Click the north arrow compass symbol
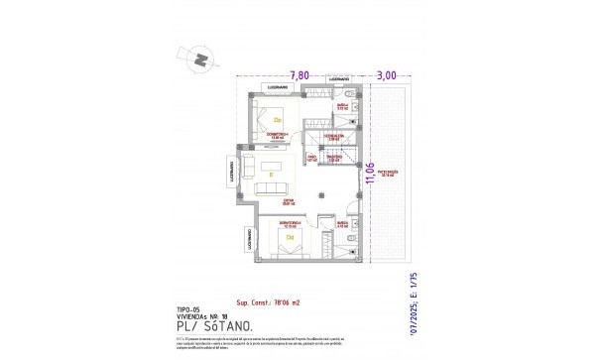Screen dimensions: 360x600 (201, 60)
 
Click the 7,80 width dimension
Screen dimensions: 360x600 (299, 74)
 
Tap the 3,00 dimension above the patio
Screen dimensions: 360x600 (387, 74)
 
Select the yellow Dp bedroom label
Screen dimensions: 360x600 (279, 119)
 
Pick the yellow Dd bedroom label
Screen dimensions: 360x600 (290, 238)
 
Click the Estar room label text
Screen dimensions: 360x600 (289, 202)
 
